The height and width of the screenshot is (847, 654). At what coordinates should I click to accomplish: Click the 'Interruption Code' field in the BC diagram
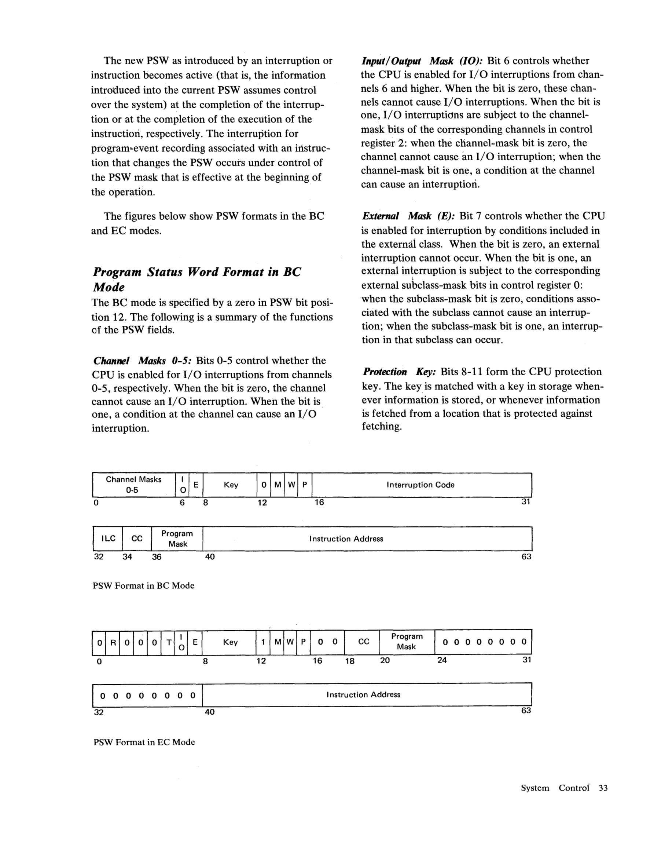coord(420,485)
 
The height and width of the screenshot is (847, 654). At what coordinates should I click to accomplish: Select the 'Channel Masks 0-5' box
coord(134,485)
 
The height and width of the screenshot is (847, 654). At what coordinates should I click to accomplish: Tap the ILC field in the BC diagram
coord(108,538)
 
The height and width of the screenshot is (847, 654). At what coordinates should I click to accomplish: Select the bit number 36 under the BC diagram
coord(157,557)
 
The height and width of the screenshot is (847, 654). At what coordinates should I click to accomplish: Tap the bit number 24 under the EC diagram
coord(442,660)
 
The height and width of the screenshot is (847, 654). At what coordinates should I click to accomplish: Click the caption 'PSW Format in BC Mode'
coord(143,585)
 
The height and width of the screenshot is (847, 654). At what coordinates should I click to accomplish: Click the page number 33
coord(603,788)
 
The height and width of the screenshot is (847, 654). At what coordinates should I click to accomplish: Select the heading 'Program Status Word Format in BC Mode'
coord(197,279)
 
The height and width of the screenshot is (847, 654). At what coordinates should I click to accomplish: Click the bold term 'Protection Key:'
coord(399,372)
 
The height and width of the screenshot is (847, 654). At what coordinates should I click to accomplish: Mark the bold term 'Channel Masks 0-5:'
coord(143,361)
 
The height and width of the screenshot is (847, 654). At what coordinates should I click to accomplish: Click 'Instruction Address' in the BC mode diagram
coord(346,538)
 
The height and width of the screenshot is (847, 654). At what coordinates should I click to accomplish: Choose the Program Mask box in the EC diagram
coord(406,642)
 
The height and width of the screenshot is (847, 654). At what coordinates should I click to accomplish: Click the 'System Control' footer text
coord(554,788)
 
